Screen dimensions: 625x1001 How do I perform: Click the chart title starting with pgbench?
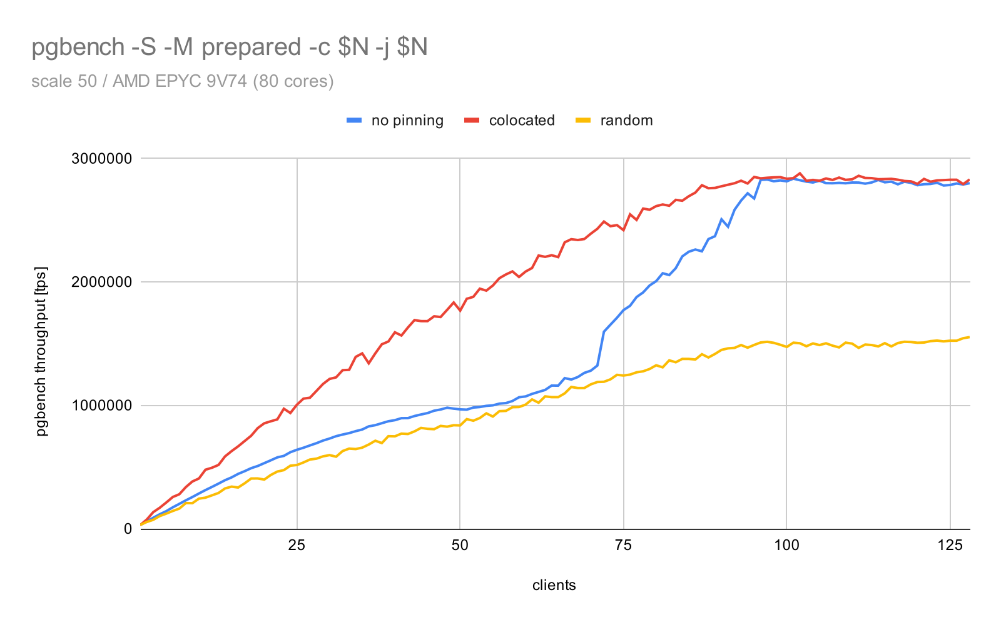coord(229,47)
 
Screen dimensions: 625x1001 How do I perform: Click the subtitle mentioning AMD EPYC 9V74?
coord(182,81)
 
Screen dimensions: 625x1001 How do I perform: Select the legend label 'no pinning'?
coord(407,121)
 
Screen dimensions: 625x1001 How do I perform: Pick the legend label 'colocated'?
coord(522,121)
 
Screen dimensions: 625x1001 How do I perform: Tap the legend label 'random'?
coord(626,121)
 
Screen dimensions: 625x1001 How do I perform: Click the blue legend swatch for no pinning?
coord(354,121)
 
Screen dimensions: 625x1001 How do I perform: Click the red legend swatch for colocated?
coord(472,121)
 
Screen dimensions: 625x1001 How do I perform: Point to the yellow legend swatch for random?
coord(582,121)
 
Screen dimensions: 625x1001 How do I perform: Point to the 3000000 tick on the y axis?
coord(103,159)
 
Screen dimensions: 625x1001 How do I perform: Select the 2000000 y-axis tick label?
coord(103,282)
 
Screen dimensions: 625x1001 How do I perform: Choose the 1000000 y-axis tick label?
coord(103,406)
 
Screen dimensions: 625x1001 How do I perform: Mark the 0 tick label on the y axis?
coord(128,529)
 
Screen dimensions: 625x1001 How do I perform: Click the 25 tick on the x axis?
coord(297,545)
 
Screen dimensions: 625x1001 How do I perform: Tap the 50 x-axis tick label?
coord(460,545)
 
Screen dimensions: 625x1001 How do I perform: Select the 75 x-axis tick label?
coord(623,545)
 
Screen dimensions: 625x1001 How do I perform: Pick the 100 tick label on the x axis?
coord(786,545)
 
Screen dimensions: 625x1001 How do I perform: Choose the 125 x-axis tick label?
coord(950,545)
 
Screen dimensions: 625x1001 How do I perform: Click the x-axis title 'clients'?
coord(554,586)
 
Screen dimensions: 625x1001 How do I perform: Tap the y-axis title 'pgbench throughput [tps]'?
coord(41,351)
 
